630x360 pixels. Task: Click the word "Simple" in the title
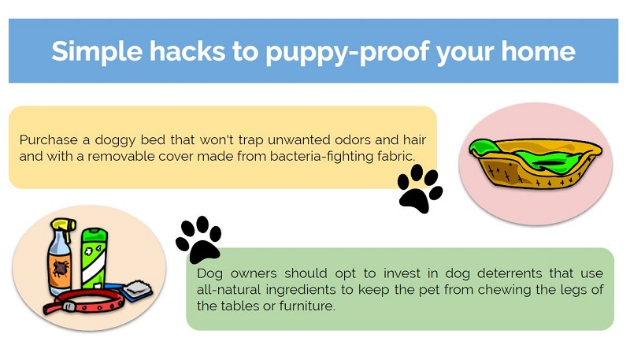pyautogui.click(x=97, y=52)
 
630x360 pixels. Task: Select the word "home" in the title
pyautogui.click(x=538, y=51)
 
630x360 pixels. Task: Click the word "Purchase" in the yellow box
pyautogui.click(x=49, y=139)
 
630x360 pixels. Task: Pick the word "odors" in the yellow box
pyautogui.click(x=352, y=139)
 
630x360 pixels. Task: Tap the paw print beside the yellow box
pyautogui.click(x=420, y=187)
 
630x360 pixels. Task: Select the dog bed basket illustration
pyautogui.click(x=536, y=163)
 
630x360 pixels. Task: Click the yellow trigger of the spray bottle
pyautogui.click(x=65, y=227)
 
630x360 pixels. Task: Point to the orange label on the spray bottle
pyautogui.click(x=60, y=269)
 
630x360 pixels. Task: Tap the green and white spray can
pyautogui.click(x=94, y=259)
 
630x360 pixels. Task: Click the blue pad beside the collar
pyautogui.click(x=135, y=291)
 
